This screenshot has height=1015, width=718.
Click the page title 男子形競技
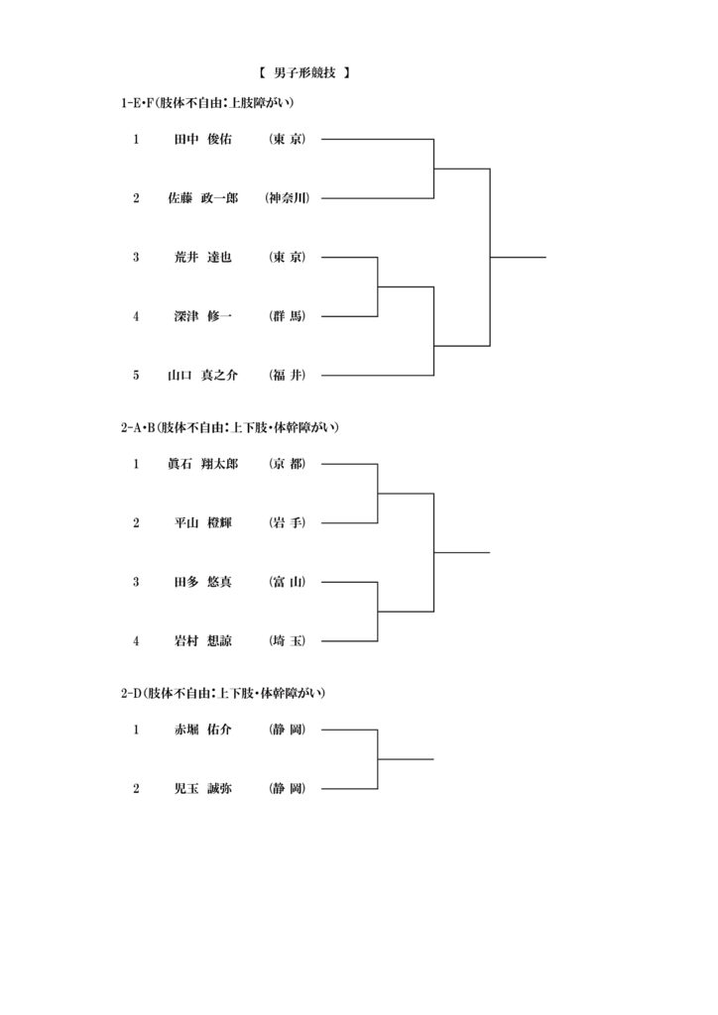tap(304, 73)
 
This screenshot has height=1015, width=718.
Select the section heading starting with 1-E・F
tap(207, 102)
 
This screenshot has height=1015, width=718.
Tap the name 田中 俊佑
tap(202, 139)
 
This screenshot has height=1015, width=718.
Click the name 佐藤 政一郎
tap(202, 198)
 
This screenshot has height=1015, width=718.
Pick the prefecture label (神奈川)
tap(287, 198)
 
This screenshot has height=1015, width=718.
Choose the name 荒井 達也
tap(202, 257)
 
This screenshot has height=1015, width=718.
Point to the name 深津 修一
tap(202, 316)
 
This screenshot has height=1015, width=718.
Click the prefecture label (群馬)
tap(287, 316)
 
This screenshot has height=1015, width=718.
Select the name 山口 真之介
tap(202, 376)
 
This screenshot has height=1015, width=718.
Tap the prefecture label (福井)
tap(287, 376)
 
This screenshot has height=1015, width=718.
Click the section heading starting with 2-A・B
tap(230, 427)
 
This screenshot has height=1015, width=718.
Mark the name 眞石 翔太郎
tap(202, 464)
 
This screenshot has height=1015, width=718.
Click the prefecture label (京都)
tap(287, 464)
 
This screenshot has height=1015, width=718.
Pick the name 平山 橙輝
tap(202, 523)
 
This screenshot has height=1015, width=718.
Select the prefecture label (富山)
tap(287, 582)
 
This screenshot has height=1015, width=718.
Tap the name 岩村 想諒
tap(202, 641)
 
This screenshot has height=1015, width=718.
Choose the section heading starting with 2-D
tap(223, 693)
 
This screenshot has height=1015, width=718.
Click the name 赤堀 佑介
tap(202, 731)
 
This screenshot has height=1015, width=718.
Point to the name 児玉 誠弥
tap(202, 789)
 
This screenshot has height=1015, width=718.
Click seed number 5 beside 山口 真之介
tap(136, 376)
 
